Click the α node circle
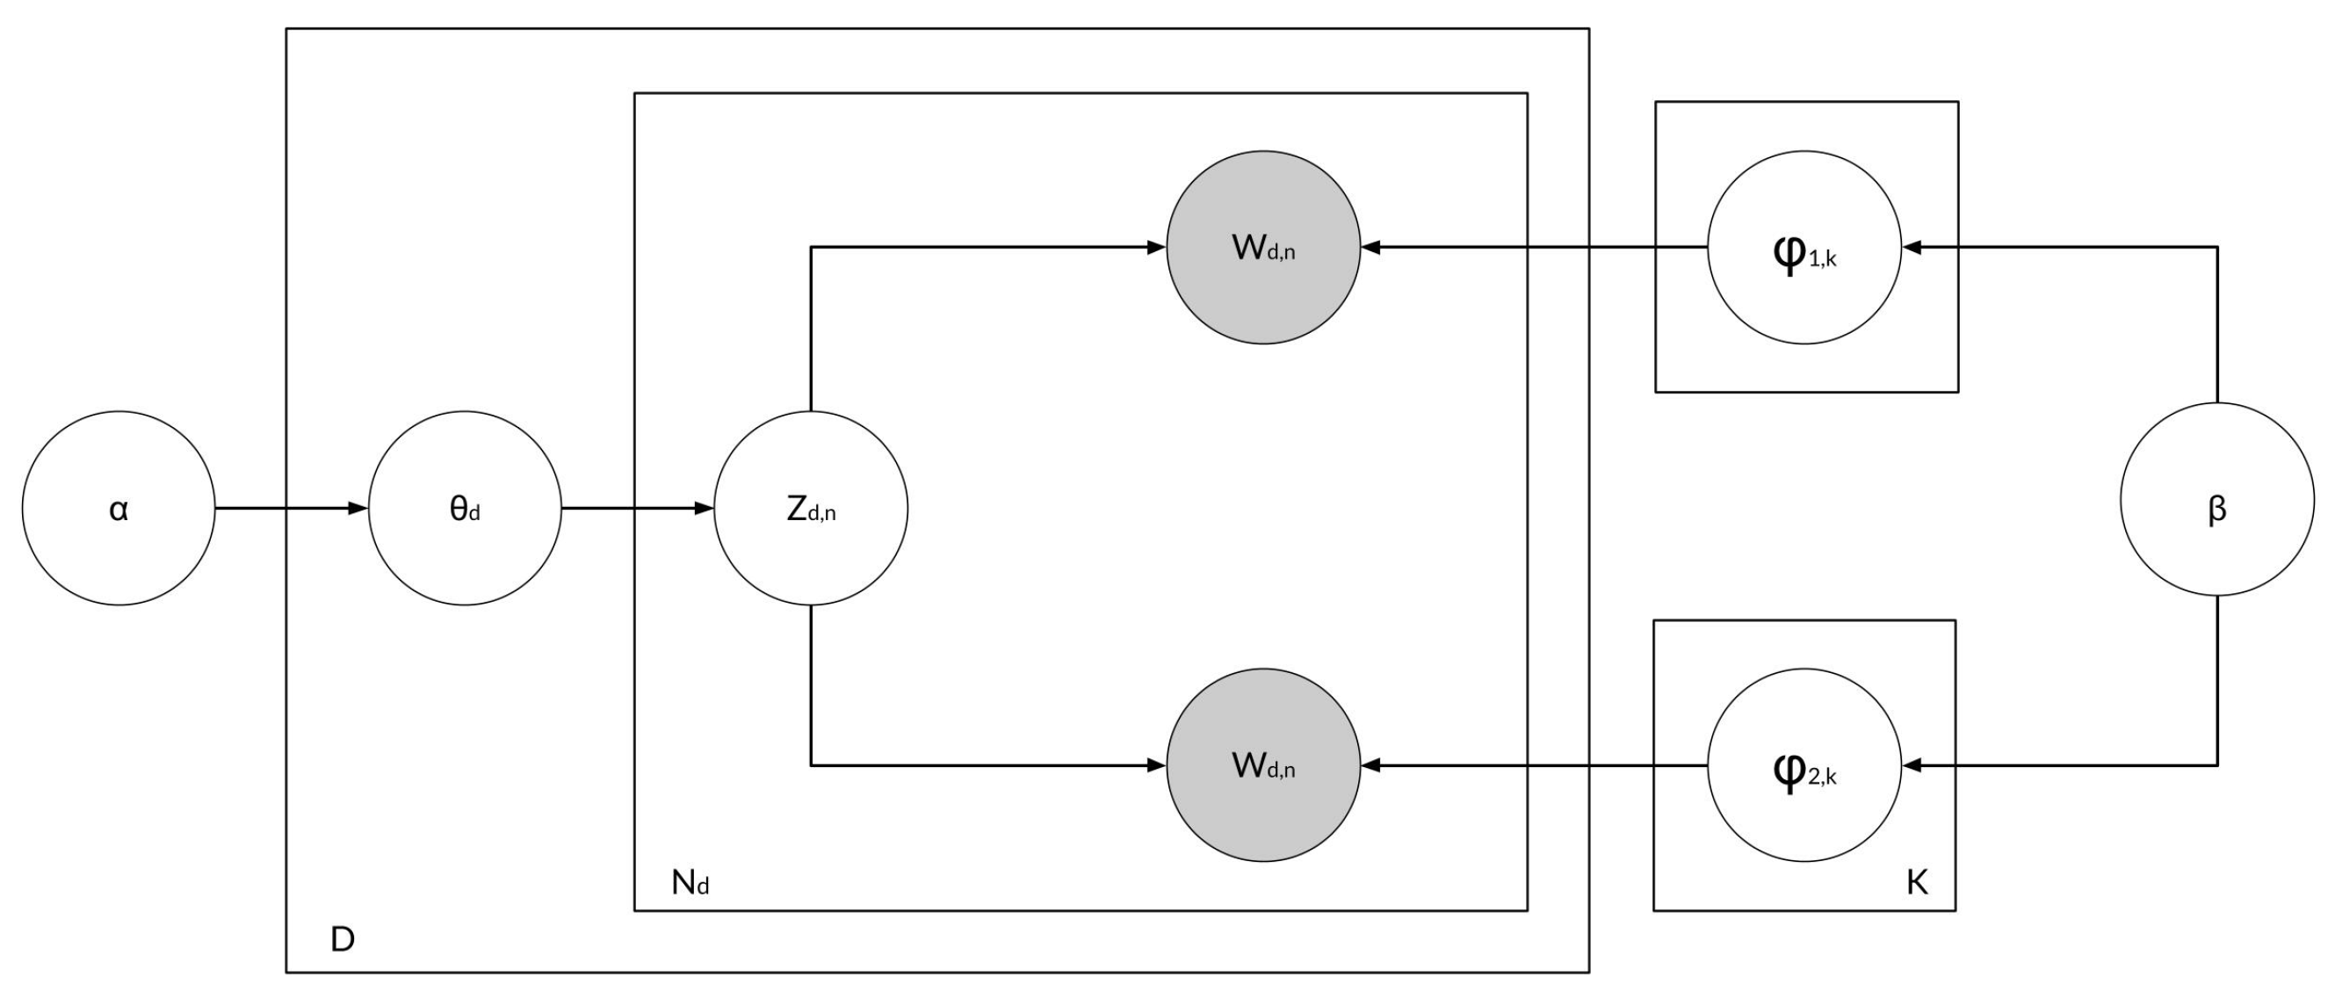(119, 509)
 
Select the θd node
(465, 509)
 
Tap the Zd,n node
(811, 509)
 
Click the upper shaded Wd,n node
(1263, 248)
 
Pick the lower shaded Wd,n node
(1263, 766)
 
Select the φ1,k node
(1804, 248)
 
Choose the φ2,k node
(1804, 766)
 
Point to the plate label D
(343, 940)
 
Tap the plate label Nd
(690, 882)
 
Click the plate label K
(1916, 882)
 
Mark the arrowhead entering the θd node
(358, 509)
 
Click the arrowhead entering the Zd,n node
(705, 509)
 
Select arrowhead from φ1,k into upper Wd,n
(1371, 248)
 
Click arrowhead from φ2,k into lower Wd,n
(1371, 766)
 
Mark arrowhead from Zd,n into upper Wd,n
(1156, 248)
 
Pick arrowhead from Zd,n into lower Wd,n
(1156, 766)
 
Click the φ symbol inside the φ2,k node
(1789, 771)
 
